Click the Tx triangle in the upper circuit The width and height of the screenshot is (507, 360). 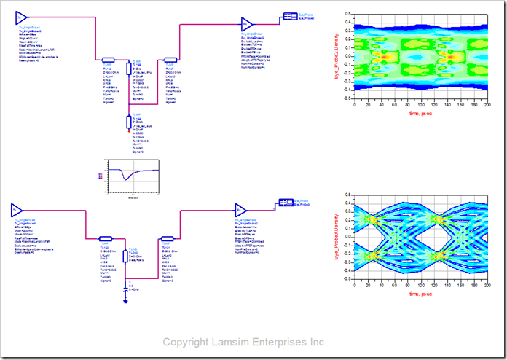coord(22,17)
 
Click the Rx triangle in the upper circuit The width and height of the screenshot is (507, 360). coord(248,24)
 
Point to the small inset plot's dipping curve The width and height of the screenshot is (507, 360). coord(127,176)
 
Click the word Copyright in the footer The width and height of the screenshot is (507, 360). coord(185,342)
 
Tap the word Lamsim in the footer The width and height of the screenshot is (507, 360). coord(232,342)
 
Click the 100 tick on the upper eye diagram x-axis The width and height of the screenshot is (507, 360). coord(421,105)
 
